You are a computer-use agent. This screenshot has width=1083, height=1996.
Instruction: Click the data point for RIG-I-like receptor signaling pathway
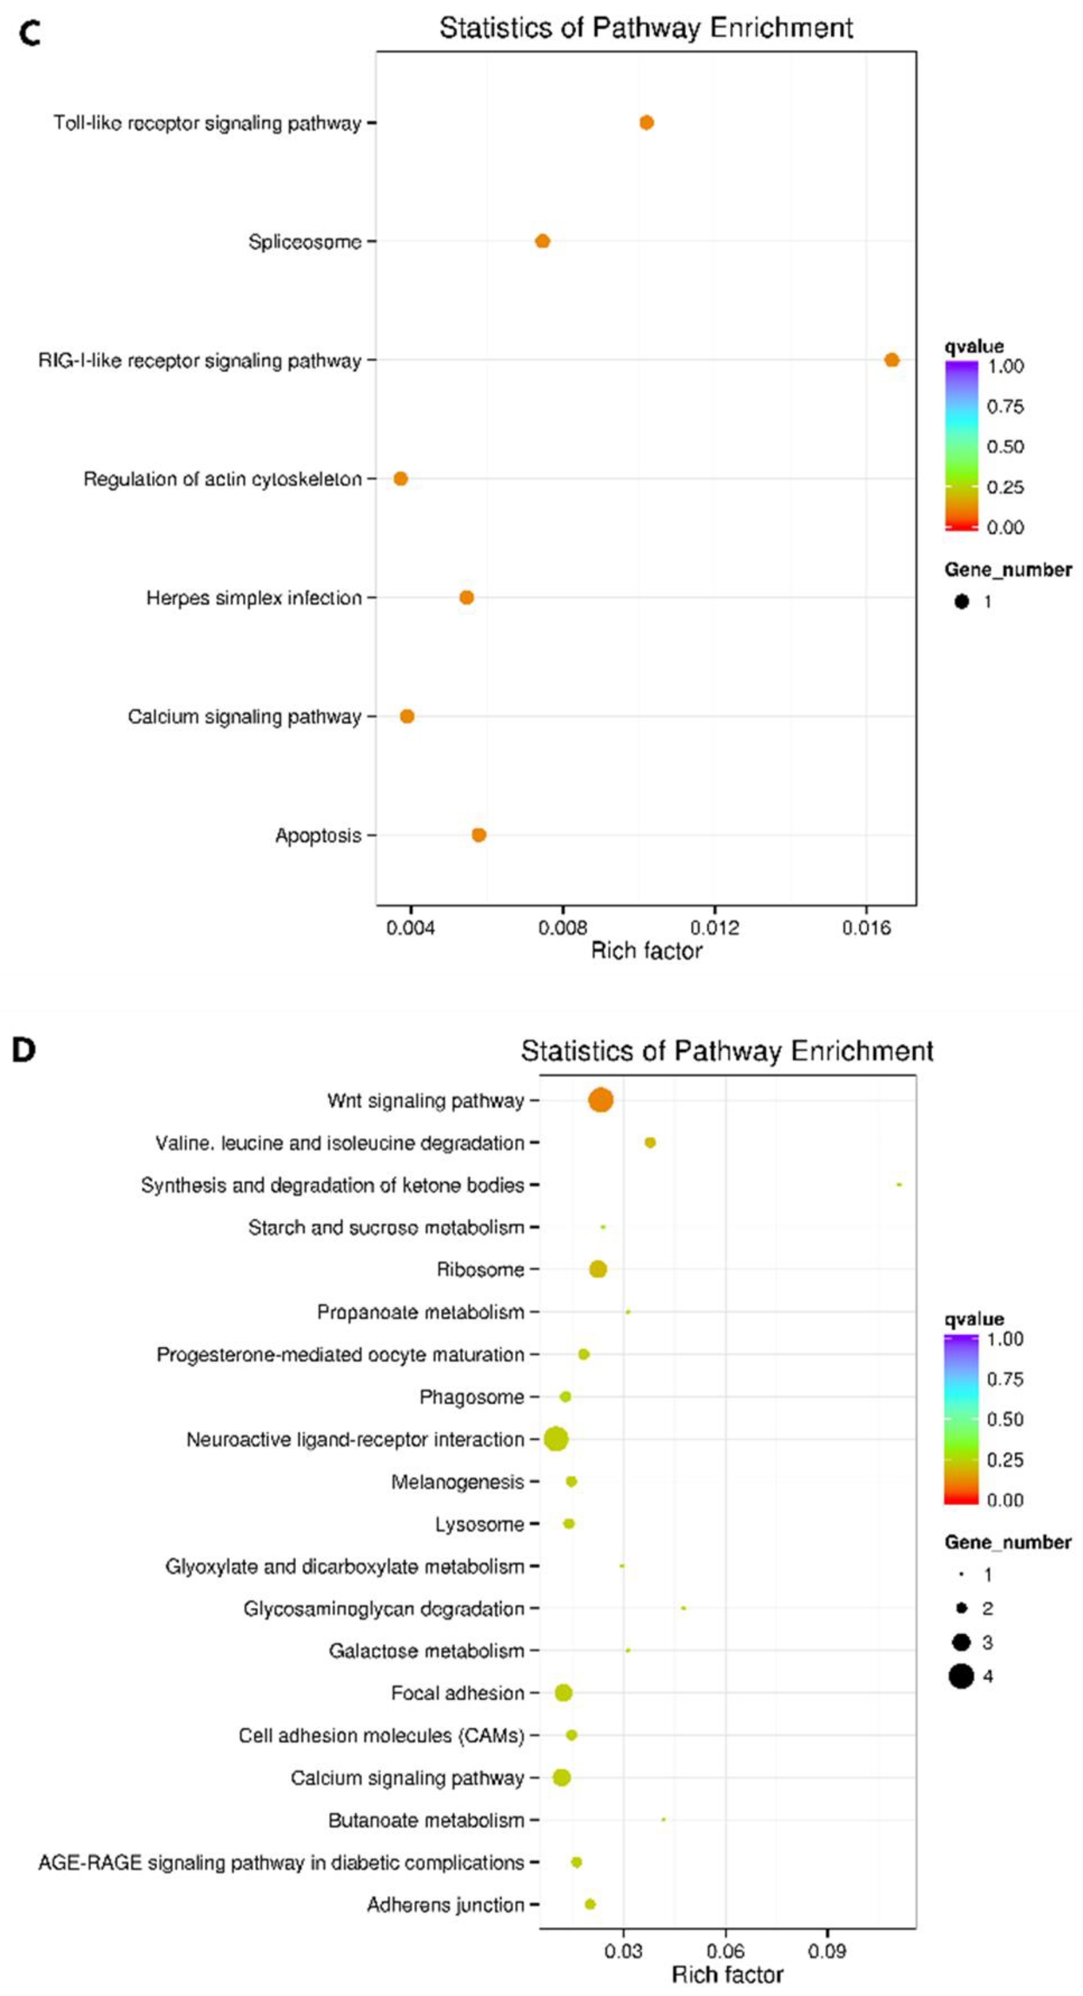(892, 360)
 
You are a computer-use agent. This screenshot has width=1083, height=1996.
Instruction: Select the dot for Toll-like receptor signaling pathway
(646, 122)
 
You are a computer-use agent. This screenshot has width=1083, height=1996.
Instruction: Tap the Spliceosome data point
(542, 241)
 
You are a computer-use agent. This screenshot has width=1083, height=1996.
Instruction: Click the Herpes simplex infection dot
(466, 598)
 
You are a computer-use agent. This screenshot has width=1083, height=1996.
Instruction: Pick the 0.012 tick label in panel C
(714, 927)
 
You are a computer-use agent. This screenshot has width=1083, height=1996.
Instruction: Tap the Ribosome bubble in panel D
(597, 1269)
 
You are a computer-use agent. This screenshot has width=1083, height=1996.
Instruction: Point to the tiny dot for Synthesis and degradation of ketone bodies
(899, 1185)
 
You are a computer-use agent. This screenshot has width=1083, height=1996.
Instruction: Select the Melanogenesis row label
(457, 1481)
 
